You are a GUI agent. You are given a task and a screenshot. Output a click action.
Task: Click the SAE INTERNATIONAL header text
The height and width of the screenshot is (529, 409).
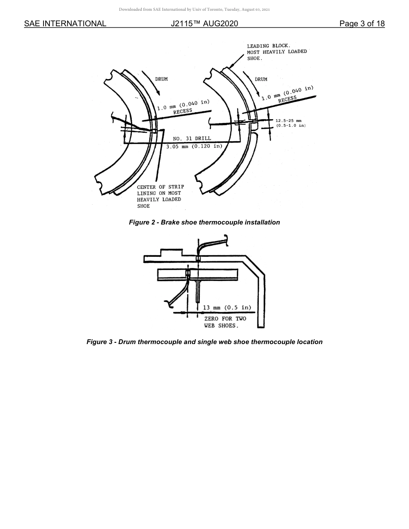(65, 24)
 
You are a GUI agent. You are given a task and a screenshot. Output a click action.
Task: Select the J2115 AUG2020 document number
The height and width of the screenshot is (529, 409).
(204, 24)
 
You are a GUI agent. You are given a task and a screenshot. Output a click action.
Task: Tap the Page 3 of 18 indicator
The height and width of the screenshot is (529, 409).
(362, 24)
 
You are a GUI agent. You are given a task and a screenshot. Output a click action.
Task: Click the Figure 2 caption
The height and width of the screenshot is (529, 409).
(204, 222)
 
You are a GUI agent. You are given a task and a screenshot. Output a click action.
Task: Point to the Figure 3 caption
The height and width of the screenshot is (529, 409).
(204, 342)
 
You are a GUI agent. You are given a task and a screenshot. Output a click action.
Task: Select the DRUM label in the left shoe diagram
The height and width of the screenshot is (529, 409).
(161, 79)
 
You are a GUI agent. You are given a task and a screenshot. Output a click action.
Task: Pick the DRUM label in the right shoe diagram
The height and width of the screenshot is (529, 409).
(261, 79)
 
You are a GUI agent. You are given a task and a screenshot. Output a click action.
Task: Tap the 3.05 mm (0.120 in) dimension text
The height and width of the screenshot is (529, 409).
(195, 146)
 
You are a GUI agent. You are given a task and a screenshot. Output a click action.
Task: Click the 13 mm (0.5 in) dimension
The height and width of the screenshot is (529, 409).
(227, 308)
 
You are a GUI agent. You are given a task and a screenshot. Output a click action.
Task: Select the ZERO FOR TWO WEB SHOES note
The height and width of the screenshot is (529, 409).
(225, 322)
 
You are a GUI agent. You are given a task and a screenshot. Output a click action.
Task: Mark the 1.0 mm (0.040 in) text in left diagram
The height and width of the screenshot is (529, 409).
(183, 105)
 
